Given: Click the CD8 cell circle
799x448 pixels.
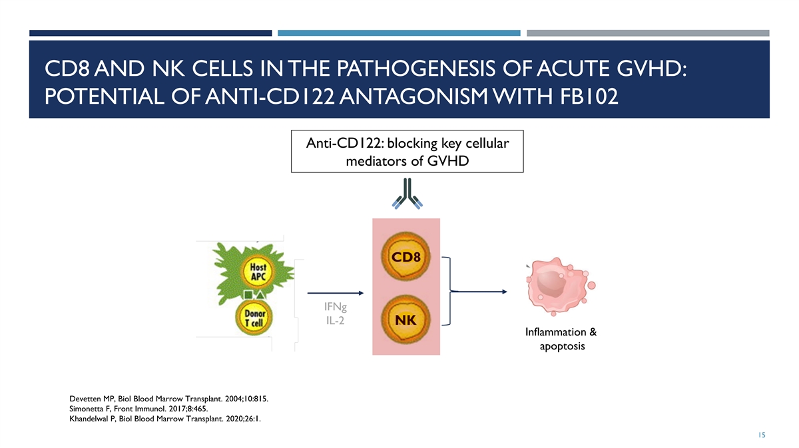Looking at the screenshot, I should click(406, 258).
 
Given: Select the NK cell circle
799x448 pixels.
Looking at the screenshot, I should click(406, 320).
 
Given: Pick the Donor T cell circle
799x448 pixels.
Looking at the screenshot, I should click(254, 317).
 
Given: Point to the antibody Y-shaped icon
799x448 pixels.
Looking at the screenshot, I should click(407, 194).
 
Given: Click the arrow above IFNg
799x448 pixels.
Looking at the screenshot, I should click(336, 293).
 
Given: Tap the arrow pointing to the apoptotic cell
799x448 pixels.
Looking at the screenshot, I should click(479, 292).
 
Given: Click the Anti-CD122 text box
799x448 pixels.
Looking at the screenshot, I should click(407, 152).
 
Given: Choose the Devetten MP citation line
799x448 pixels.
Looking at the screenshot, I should click(168, 399).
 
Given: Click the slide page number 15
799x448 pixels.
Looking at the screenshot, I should click(762, 435).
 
